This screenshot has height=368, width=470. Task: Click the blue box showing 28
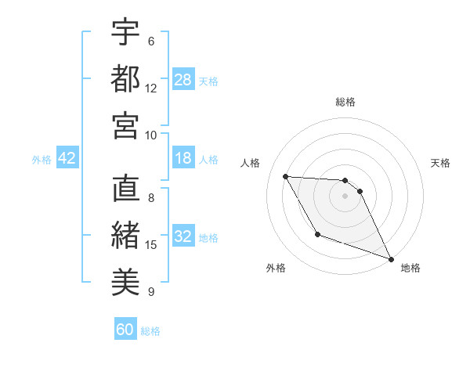coord(183,80)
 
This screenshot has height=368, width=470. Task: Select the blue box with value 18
coord(183,159)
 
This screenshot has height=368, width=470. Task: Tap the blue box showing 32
coord(183,237)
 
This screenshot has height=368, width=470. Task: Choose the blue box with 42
coord(67,159)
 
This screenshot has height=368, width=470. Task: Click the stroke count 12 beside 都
coord(151,88)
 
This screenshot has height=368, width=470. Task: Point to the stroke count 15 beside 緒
coord(151,245)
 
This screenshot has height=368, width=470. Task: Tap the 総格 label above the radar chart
coord(345,102)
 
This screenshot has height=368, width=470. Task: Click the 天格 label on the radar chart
coord(441,163)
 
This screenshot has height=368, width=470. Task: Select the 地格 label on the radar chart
coord(410,268)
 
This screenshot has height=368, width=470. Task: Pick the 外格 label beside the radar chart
coord(276,268)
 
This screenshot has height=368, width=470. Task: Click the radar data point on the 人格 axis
coord(286,176)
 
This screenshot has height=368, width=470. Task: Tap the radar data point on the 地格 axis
coord(392,259)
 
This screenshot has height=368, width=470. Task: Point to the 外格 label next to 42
coord(42,160)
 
